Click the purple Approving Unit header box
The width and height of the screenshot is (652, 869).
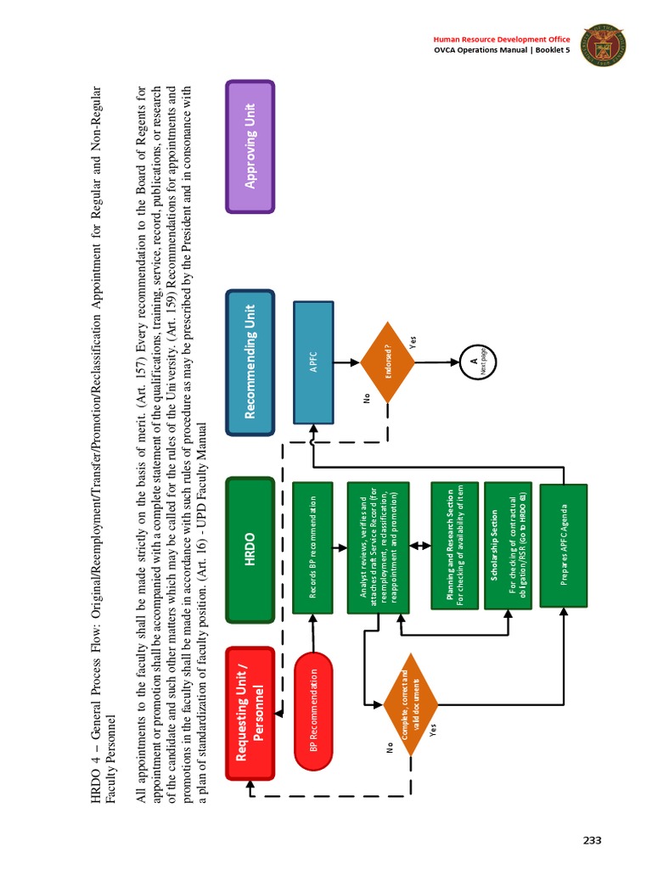250,146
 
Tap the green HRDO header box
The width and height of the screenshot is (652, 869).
250,550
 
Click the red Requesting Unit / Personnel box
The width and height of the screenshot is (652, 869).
250,714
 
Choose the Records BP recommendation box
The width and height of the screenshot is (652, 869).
313,547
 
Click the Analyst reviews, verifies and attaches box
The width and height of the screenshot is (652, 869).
379,547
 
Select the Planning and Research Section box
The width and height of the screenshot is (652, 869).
455,547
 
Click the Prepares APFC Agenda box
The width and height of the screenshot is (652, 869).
563,547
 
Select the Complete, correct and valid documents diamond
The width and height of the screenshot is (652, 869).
410,704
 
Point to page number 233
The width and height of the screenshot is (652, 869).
592,840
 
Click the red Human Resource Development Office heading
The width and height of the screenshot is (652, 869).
501,39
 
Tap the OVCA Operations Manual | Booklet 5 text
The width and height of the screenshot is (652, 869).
501,51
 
